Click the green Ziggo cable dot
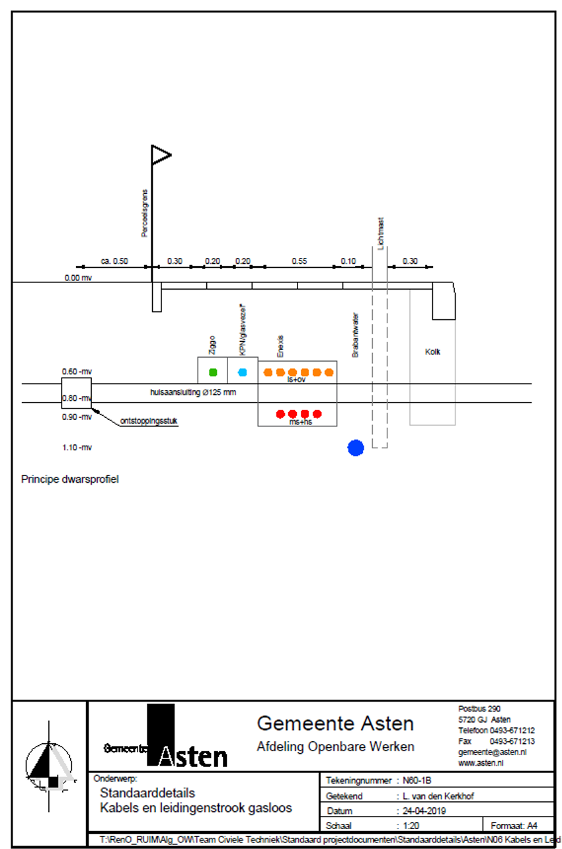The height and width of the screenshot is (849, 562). tap(212, 372)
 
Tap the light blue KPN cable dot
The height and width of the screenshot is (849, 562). tap(243, 372)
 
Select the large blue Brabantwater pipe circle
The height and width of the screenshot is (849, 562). tap(356, 448)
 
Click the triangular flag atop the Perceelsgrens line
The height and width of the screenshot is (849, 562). tap(161, 155)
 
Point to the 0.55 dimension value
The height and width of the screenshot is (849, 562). tap(299, 261)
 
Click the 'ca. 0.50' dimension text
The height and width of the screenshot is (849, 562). tap(114, 261)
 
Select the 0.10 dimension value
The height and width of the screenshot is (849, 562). tap(348, 261)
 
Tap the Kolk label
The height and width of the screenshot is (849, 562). tap(432, 352)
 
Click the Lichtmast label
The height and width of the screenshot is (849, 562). tap(381, 234)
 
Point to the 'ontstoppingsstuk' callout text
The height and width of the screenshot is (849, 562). tap(149, 421)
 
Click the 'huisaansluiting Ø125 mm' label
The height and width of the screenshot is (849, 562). tap(193, 392)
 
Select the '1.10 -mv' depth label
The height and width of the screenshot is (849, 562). tap(77, 448)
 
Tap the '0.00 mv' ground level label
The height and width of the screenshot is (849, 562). tap(78, 278)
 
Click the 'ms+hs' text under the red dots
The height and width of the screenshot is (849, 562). tap(300, 421)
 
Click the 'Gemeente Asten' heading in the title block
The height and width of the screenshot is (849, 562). tap(335, 723)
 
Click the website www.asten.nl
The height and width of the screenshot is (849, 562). tap(481, 762)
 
